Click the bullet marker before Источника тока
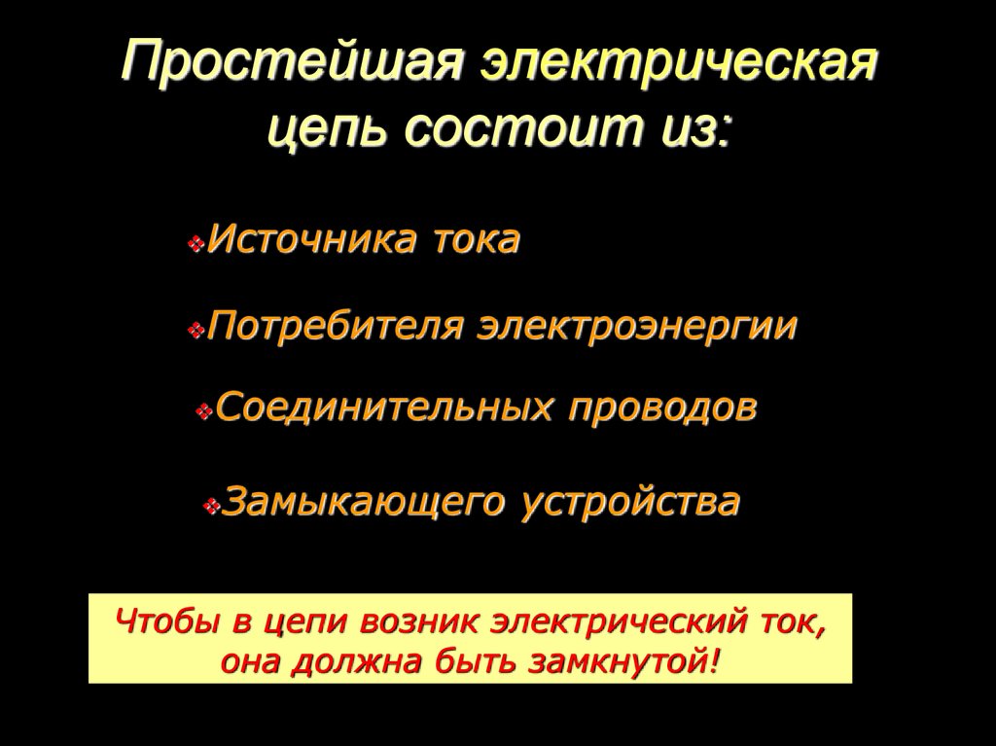[196, 243]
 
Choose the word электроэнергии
[637, 327]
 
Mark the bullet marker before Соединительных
[203, 412]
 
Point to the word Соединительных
[384, 409]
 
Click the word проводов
[662, 409]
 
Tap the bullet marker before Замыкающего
[212, 506]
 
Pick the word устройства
[631, 503]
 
